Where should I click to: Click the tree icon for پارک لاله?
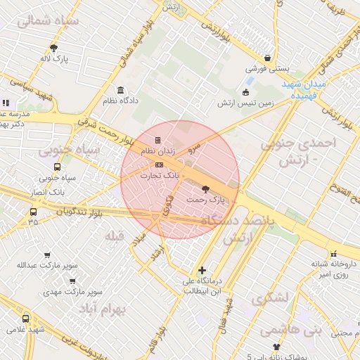coord(53,48)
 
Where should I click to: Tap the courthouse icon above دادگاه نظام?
coord(121,90)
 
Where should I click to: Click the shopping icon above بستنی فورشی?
coord(267,58)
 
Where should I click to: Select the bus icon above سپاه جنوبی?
coord(57,167)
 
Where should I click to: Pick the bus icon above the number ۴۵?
coord(33,212)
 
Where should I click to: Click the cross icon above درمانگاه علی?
coord(202,270)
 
